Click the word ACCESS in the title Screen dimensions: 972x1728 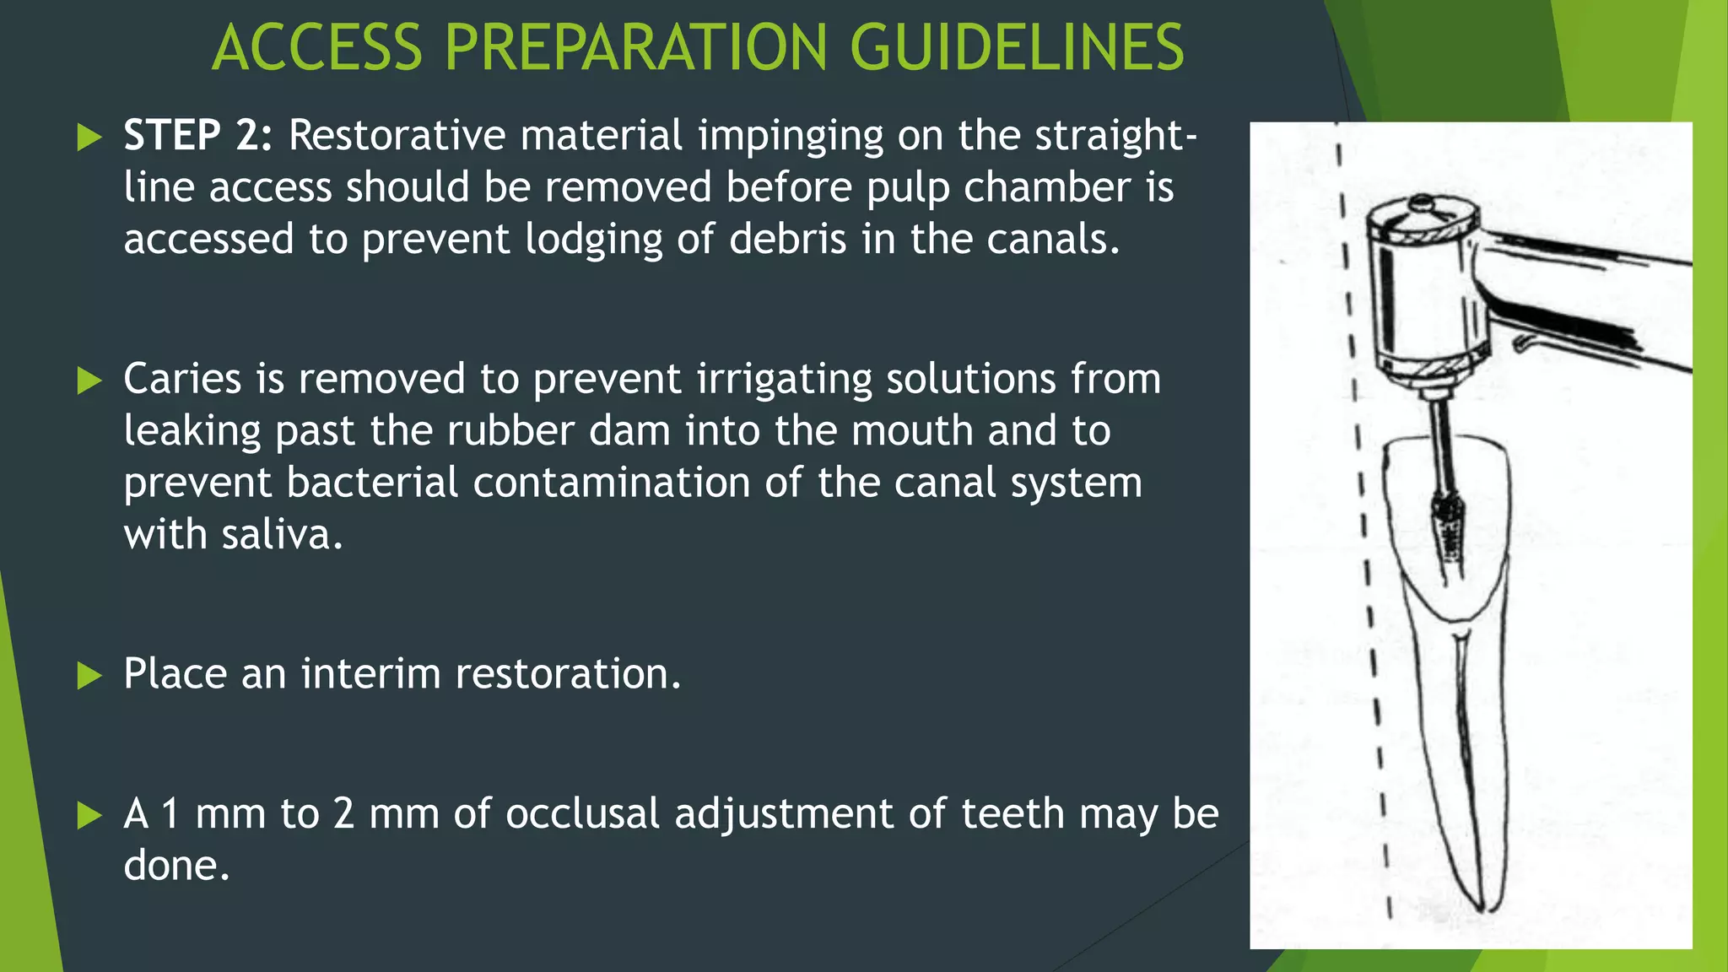[316, 47]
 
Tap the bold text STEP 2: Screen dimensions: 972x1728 [198, 135]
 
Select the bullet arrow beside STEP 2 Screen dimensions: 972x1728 [89, 137]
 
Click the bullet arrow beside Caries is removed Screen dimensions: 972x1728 [89, 381]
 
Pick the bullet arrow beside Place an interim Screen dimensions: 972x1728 [89, 675]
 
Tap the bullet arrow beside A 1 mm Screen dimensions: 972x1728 [89, 815]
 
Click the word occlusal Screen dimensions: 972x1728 [582, 814]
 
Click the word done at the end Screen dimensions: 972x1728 [175, 867]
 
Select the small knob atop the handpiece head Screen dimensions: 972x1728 [1423, 202]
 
